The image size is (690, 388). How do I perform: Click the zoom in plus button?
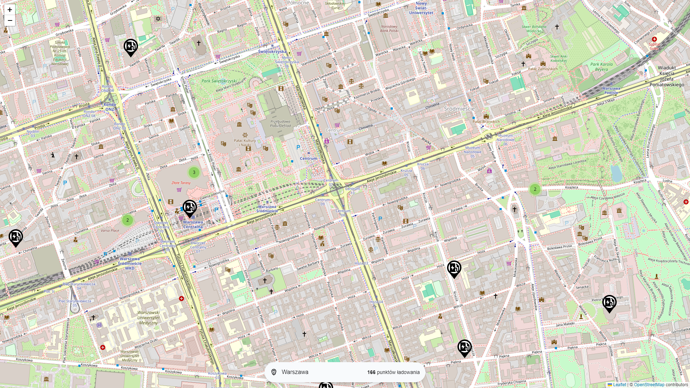pyautogui.click(x=10, y=10)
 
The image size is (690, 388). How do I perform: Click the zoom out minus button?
pyautogui.click(x=10, y=20)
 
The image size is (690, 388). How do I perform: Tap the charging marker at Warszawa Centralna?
pyautogui.click(x=189, y=208)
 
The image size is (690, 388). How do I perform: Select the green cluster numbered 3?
pyautogui.click(x=194, y=172)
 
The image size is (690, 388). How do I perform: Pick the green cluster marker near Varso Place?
pyautogui.click(x=128, y=220)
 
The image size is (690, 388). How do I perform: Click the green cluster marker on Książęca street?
pyautogui.click(x=535, y=189)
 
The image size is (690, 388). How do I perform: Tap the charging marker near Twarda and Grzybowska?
pyautogui.click(x=130, y=47)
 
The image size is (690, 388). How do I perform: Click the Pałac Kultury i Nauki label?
pyautogui.click(x=245, y=143)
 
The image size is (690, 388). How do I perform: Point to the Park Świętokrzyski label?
pyautogui.click(x=219, y=81)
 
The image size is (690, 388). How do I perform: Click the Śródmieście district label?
pyautogui.click(x=459, y=109)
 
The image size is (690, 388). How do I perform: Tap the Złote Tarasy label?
pyautogui.click(x=181, y=183)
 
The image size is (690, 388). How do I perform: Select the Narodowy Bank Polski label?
pyautogui.click(x=389, y=28)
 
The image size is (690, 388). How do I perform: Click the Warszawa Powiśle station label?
pyautogui.click(x=611, y=91)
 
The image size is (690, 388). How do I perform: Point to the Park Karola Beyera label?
pyautogui.click(x=601, y=67)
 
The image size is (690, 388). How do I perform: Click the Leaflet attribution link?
pyautogui.click(x=619, y=385)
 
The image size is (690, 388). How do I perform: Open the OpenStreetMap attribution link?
pyautogui.click(x=649, y=385)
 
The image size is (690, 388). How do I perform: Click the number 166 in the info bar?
pyautogui.click(x=371, y=372)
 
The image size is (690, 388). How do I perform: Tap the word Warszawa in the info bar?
pyautogui.click(x=295, y=372)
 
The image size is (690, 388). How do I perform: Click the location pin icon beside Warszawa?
pyautogui.click(x=274, y=372)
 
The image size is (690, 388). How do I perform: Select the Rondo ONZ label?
pyautogui.click(x=110, y=107)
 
